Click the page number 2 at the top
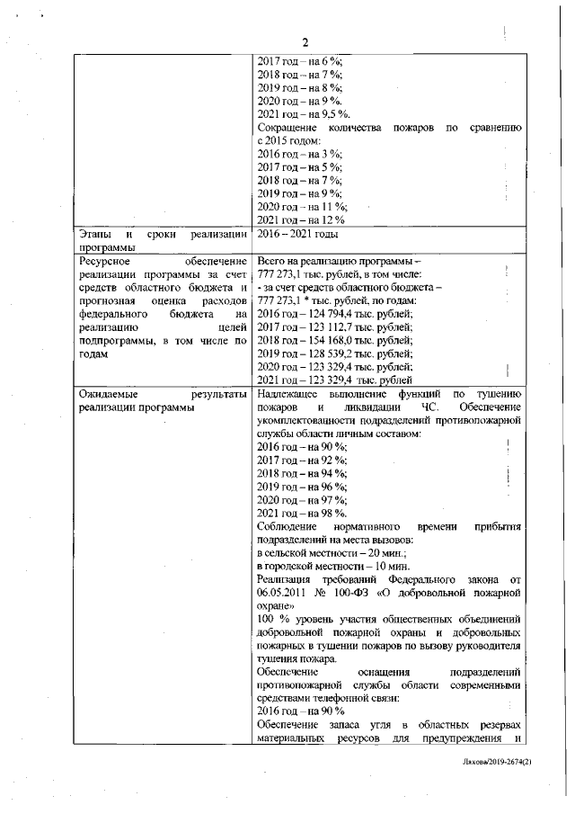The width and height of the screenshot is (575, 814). [305, 42]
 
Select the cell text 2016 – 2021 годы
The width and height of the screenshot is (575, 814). [298, 234]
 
